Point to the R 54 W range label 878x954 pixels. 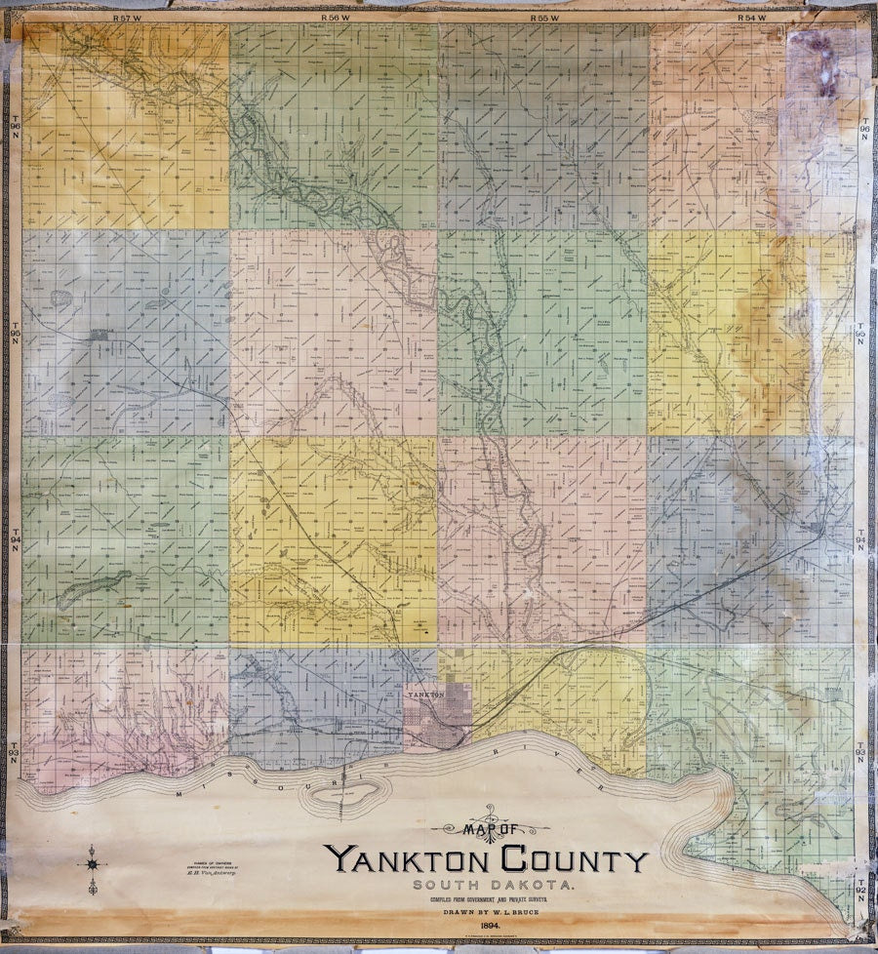753,19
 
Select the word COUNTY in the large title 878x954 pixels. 575,860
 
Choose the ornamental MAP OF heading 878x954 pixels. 488,828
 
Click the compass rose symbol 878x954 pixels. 94,864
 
